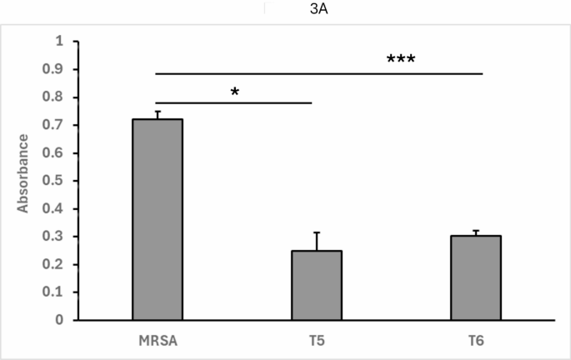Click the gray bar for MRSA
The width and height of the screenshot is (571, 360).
pyautogui.click(x=158, y=219)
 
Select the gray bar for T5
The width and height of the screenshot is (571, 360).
pyautogui.click(x=317, y=285)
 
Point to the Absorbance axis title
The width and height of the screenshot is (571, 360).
pyautogui.click(x=24, y=181)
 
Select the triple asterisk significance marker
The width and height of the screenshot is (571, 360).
pyautogui.click(x=400, y=61)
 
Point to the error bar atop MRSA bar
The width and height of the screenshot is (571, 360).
pyautogui.click(x=158, y=115)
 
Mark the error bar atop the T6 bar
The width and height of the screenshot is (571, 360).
pyautogui.click(x=476, y=232)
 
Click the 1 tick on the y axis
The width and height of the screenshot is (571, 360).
pyautogui.click(x=58, y=42)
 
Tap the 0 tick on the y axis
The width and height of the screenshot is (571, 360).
pyautogui.click(x=58, y=320)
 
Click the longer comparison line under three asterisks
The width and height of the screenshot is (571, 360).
pyautogui.click(x=319, y=73)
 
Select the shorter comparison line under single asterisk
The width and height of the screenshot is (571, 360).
pyautogui.click(x=233, y=103)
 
